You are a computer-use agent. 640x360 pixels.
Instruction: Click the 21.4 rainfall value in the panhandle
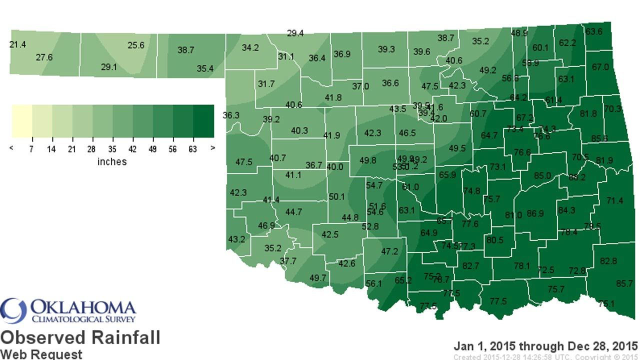pyautogui.click(x=17, y=45)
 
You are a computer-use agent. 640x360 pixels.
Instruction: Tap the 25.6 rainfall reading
pyautogui.click(x=135, y=45)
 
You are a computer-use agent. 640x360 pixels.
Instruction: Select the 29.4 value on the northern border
pyautogui.click(x=295, y=33)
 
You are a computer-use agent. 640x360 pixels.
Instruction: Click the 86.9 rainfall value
pyautogui.click(x=535, y=213)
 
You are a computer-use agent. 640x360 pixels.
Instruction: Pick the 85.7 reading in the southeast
pyautogui.click(x=624, y=283)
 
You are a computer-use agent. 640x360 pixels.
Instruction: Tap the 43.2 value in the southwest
pyautogui.click(x=236, y=239)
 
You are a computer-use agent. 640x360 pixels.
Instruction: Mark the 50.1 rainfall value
pyautogui.click(x=337, y=197)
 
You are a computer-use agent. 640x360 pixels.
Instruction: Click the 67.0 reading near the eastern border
pyautogui.click(x=600, y=67)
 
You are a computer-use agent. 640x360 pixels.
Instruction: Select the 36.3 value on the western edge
pyautogui.click(x=231, y=115)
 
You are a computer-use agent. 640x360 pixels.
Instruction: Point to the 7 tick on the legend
pyautogui.click(x=32, y=149)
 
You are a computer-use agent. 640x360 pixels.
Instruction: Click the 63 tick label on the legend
pyautogui.click(x=193, y=149)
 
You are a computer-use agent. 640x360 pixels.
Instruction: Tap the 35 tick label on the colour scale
pyautogui.click(x=112, y=149)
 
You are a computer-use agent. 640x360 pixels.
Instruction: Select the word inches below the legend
pyautogui.click(x=112, y=162)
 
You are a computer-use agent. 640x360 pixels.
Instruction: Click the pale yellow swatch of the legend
pyautogui.click(x=22, y=120)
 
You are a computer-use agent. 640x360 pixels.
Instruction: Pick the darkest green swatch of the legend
pyautogui.click(x=203, y=120)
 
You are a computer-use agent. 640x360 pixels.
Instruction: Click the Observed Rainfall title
pyautogui.click(x=80, y=337)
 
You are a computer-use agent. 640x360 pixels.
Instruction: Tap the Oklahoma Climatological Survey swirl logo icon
pyautogui.click(x=13, y=310)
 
